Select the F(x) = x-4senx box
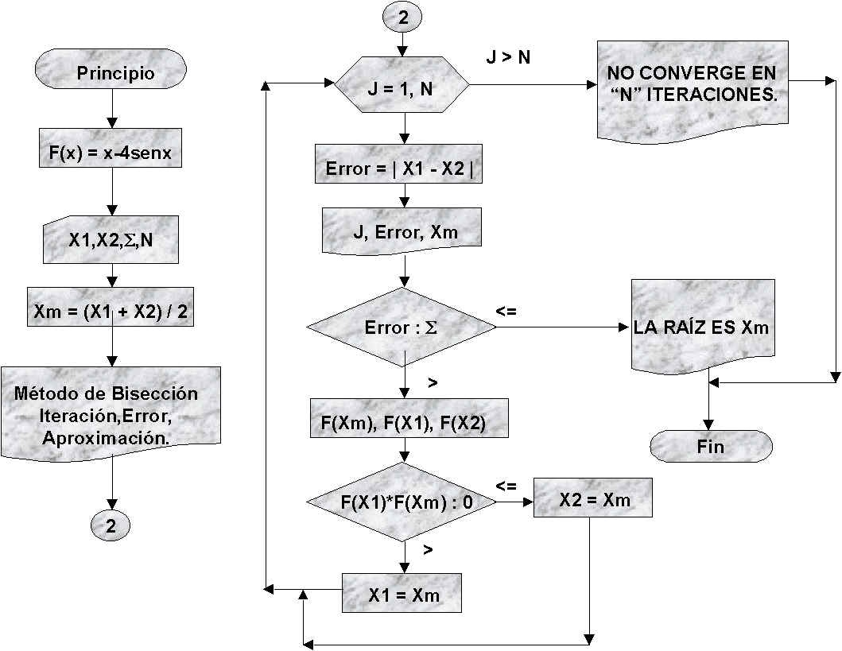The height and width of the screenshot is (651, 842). click(111, 148)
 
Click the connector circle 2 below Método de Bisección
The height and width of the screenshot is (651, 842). click(111, 525)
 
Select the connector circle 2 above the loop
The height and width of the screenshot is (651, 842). click(402, 18)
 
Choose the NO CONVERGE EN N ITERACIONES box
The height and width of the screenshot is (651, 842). click(692, 83)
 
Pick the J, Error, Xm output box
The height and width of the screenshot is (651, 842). click(403, 231)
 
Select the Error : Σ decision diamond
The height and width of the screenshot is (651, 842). click(402, 327)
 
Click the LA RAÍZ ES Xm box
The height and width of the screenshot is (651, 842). click(702, 327)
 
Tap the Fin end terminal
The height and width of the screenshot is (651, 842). click(710, 447)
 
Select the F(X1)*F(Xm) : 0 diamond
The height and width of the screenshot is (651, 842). click(402, 502)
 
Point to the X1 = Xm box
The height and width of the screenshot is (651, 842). click(403, 595)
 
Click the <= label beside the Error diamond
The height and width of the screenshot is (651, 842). click(506, 312)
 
